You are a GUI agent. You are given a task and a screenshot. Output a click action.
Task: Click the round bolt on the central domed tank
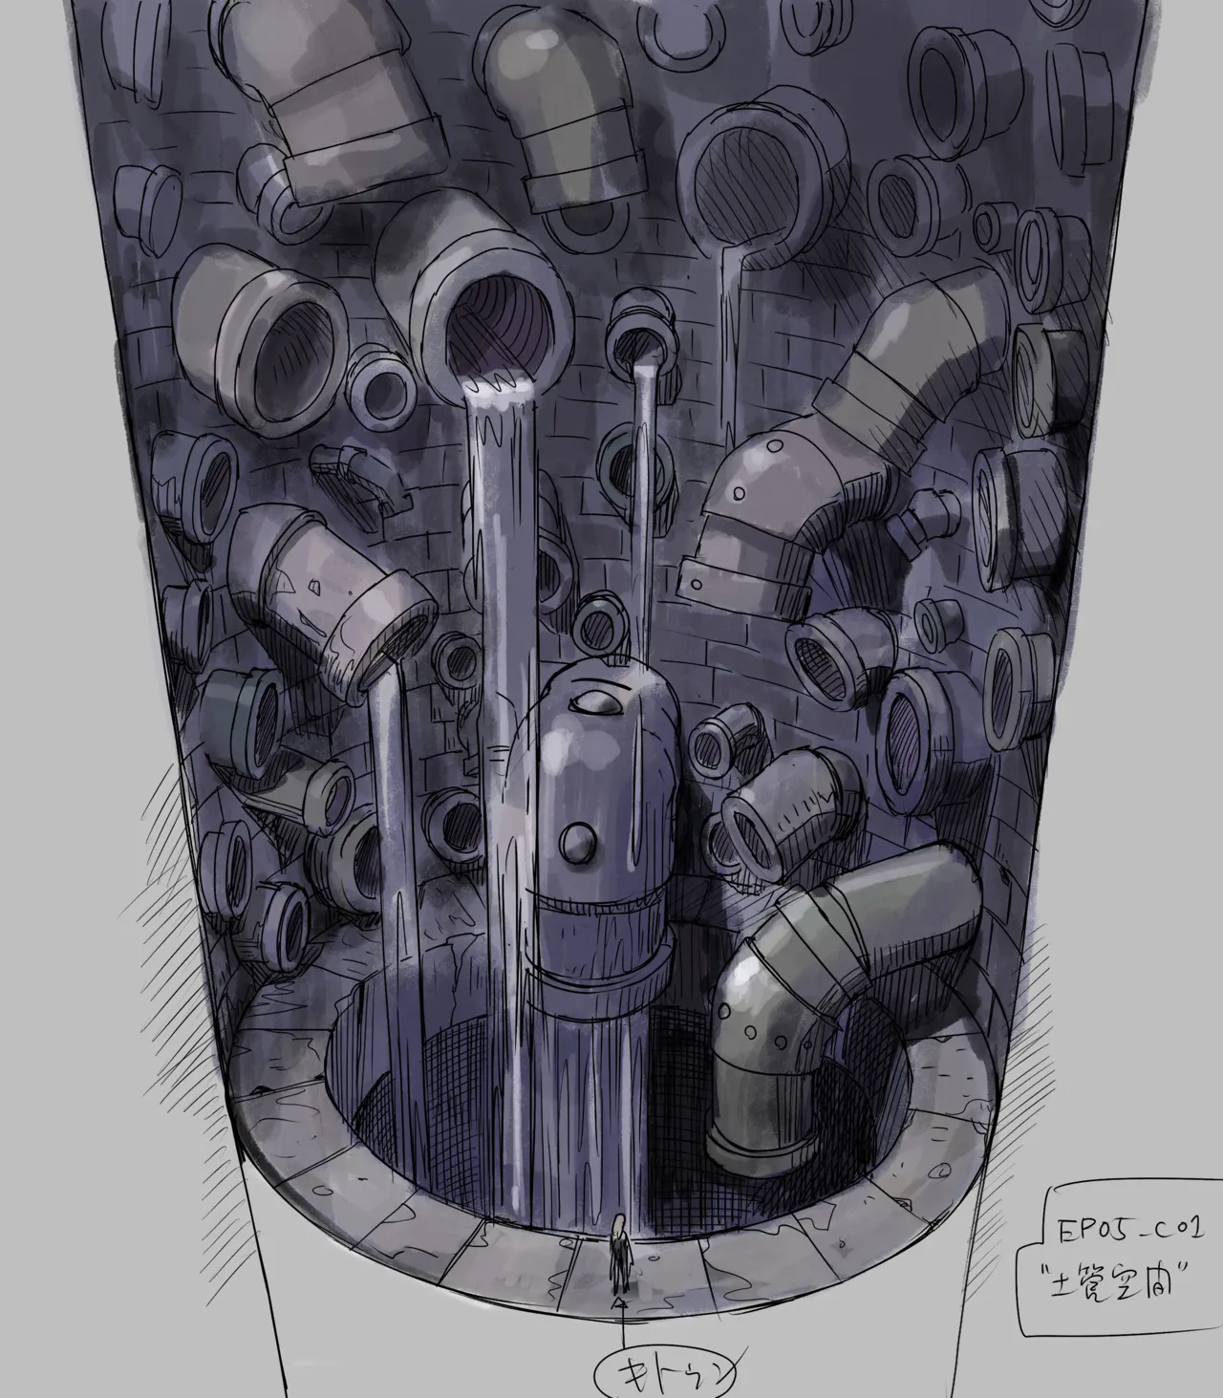tap(577, 842)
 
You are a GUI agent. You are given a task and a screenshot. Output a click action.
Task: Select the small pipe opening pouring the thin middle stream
tap(636, 346)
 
